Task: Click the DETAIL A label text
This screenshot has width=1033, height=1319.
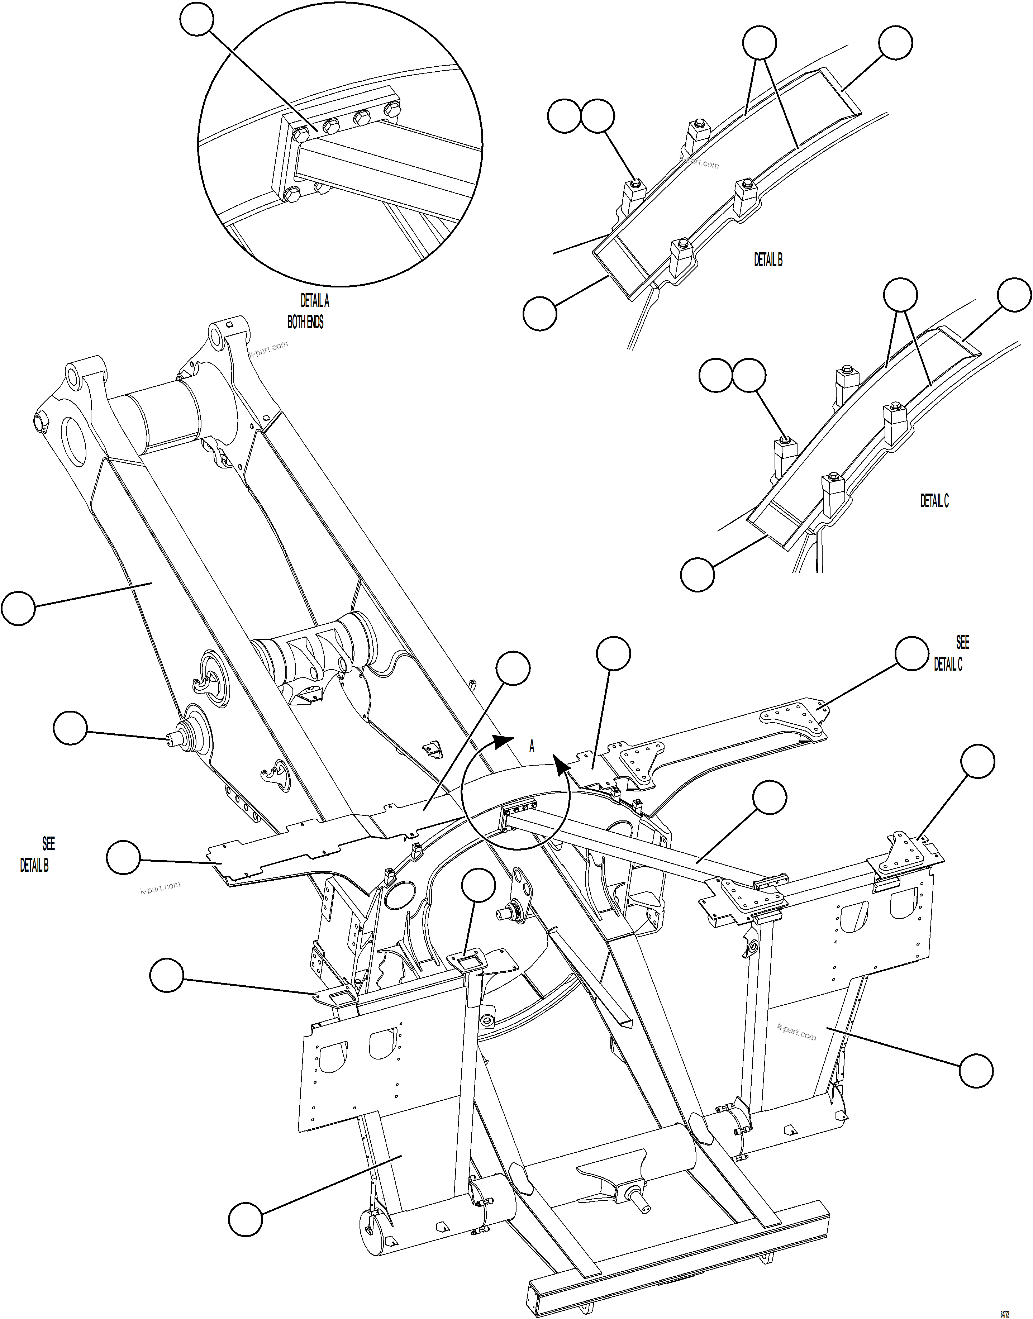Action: coord(314,301)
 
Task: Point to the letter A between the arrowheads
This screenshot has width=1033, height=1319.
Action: coord(532,747)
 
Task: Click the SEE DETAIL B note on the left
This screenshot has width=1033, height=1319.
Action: coord(38,854)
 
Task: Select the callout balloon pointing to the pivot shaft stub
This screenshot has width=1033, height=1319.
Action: coord(70,728)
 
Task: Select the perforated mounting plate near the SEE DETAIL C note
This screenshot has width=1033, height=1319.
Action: coord(792,720)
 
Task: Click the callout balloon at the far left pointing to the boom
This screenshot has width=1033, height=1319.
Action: coord(18,608)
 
